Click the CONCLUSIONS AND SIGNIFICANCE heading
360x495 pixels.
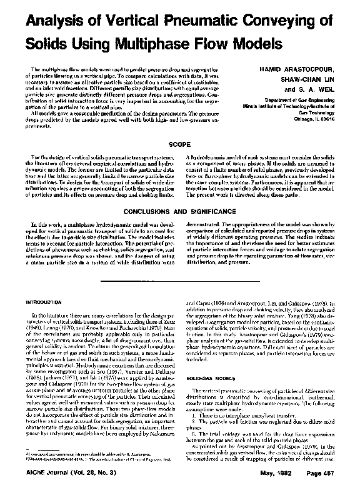tap(180, 212)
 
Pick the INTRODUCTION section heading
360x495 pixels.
tap(45, 302)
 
